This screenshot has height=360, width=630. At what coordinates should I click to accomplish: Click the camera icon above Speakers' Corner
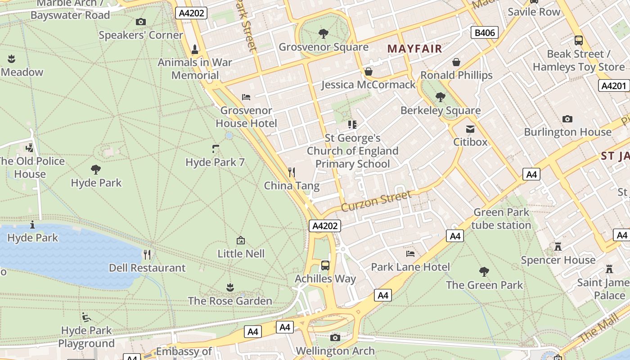[x=140, y=22]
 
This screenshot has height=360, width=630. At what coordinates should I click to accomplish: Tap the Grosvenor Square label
[x=323, y=47]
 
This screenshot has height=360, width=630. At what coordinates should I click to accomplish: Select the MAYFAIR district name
[x=414, y=49]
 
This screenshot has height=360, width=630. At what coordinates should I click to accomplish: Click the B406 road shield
[x=485, y=32]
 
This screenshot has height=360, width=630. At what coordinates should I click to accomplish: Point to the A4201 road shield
[x=613, y=85]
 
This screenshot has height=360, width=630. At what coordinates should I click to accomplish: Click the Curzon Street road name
[x=376, y=201]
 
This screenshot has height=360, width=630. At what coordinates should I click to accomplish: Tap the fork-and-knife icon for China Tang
[x=292, y=172]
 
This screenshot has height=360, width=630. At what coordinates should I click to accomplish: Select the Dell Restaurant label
[x=147, y=268]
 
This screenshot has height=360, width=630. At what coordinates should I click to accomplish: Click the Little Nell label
[x=241, y=254]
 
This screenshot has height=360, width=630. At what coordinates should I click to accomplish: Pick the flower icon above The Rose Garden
[x=230, y=287]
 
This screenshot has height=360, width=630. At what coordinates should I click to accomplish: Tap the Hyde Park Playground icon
[x=86, y=318]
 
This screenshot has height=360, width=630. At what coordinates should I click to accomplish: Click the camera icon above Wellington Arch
[x=335, y=337]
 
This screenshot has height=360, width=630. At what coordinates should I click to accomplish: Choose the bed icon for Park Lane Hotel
[x=410, y=254]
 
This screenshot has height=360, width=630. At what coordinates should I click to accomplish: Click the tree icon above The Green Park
[x=484, y=271]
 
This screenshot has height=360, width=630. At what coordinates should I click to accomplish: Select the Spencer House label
[x=558, y=260]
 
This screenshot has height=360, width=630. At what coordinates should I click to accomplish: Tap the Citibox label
[x=470, y=142]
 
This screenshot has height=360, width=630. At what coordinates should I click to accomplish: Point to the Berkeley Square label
[x=440, y=110]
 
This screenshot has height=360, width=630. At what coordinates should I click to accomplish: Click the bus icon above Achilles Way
[x=325, y=265]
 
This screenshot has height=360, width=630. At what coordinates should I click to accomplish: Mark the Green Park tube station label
[x=501, y=218]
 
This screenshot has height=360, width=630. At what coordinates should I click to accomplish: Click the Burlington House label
[x=567, y=132]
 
